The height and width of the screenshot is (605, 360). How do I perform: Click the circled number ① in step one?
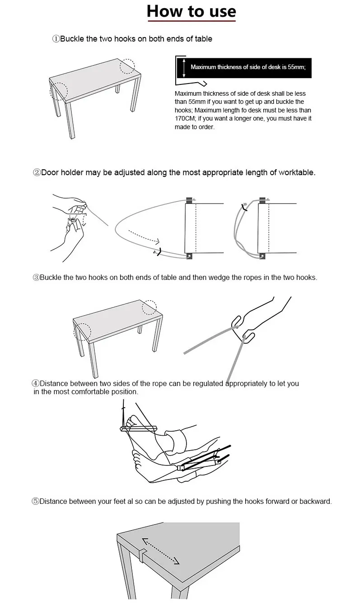pos(56,39)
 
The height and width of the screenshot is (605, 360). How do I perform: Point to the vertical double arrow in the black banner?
pos(184,68)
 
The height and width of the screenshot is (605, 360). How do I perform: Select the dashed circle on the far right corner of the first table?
pos(127,66)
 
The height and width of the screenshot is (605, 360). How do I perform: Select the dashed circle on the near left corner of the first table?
pos(58,91)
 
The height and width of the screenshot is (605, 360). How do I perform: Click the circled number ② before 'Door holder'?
pos(37,172)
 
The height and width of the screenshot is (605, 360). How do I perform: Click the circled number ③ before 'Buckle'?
pos(36,277)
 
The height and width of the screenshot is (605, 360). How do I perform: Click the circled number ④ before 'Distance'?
pos(36,384)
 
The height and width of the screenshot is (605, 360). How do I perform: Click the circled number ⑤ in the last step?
pos(35,501)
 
